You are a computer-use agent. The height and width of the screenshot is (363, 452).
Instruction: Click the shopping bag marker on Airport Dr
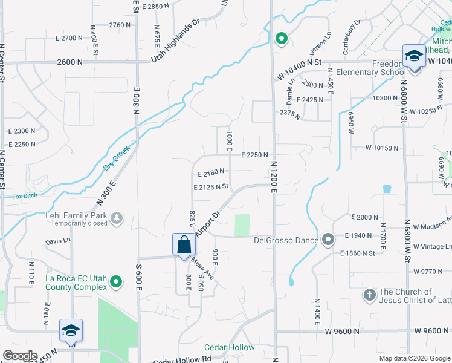coord(184,245)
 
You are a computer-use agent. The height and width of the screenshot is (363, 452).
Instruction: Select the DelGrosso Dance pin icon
coord(328,240)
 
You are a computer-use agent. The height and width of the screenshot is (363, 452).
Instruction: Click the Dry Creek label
coord(117,160)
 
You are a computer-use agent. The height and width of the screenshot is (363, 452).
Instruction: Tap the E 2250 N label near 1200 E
coord(254,155)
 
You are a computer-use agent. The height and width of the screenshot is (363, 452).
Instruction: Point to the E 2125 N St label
coord(210,188)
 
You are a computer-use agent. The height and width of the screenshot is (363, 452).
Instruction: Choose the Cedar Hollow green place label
coord(229,347)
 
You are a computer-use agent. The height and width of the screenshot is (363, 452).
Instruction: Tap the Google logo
coord(20,356)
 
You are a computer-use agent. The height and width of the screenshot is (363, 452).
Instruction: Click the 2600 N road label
coord(70,62)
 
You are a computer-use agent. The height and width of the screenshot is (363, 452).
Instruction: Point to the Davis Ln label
coord(57,241)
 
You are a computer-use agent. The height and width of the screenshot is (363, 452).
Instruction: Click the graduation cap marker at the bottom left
coord(71,331)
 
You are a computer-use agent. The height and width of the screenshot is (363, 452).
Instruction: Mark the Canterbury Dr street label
coord(351,36)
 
